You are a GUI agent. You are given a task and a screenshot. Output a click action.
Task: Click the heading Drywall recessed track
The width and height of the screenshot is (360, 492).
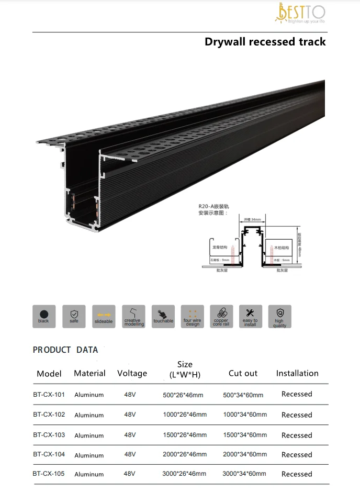(265, 42)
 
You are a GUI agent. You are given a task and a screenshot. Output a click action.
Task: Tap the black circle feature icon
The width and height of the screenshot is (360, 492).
(43, 316)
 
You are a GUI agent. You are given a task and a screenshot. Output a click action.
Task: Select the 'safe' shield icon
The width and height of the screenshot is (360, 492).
(74, 316)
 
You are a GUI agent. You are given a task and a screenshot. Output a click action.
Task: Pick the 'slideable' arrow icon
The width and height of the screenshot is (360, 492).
(104, 316)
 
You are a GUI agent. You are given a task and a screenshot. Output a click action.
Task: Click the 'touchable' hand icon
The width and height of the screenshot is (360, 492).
(163, 316)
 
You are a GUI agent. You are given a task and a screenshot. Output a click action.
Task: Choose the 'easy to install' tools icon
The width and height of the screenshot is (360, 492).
(250, 316)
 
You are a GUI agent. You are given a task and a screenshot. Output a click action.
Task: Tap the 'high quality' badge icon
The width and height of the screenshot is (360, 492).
(279, 316)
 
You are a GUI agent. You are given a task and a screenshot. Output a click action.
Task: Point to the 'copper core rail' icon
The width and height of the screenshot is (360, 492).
(221, 316)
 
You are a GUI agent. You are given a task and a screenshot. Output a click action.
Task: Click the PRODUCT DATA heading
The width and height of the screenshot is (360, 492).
(65, 350)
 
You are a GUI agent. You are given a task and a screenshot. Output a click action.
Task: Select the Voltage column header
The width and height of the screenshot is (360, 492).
(132, 373)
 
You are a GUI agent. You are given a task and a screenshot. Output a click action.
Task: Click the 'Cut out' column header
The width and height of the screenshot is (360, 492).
(243, 373)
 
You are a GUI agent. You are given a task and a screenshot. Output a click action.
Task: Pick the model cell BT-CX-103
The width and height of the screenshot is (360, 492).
(49, 435)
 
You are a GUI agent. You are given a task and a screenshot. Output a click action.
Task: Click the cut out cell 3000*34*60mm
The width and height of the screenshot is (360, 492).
(244, 474)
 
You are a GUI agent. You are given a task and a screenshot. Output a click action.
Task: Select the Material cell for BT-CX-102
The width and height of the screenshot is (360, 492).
(89, 415)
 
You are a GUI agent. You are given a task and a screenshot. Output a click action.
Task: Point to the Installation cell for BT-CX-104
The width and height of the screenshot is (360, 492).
(297, 454)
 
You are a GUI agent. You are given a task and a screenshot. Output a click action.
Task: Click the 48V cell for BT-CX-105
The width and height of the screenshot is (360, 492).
(130, 474)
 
